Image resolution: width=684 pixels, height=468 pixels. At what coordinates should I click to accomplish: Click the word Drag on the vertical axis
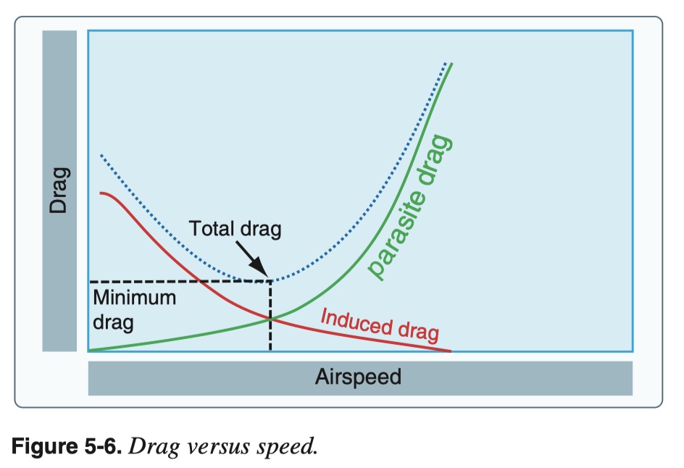[59, 191]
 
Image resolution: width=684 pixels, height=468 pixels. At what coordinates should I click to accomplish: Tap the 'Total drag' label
[235, 230]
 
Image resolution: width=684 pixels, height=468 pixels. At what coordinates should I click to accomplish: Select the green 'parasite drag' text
[411, 207]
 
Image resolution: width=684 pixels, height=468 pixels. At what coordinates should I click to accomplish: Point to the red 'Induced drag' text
[380, 325]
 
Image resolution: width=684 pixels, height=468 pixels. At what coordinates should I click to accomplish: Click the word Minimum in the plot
[134, 298]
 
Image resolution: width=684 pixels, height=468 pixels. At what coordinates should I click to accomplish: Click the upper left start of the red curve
[101, 193]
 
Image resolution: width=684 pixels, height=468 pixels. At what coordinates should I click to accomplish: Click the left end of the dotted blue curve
[101, 156]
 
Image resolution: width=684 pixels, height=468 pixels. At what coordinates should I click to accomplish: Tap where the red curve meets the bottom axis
[450, 351]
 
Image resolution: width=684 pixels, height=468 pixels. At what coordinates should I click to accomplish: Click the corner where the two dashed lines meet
[270, 281]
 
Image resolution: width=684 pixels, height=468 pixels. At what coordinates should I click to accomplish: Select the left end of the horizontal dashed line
[91, 281]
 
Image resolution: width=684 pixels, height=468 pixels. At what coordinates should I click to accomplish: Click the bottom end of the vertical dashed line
[270, 350]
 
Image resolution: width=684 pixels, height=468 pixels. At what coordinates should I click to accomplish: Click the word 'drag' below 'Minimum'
[113, 322]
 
